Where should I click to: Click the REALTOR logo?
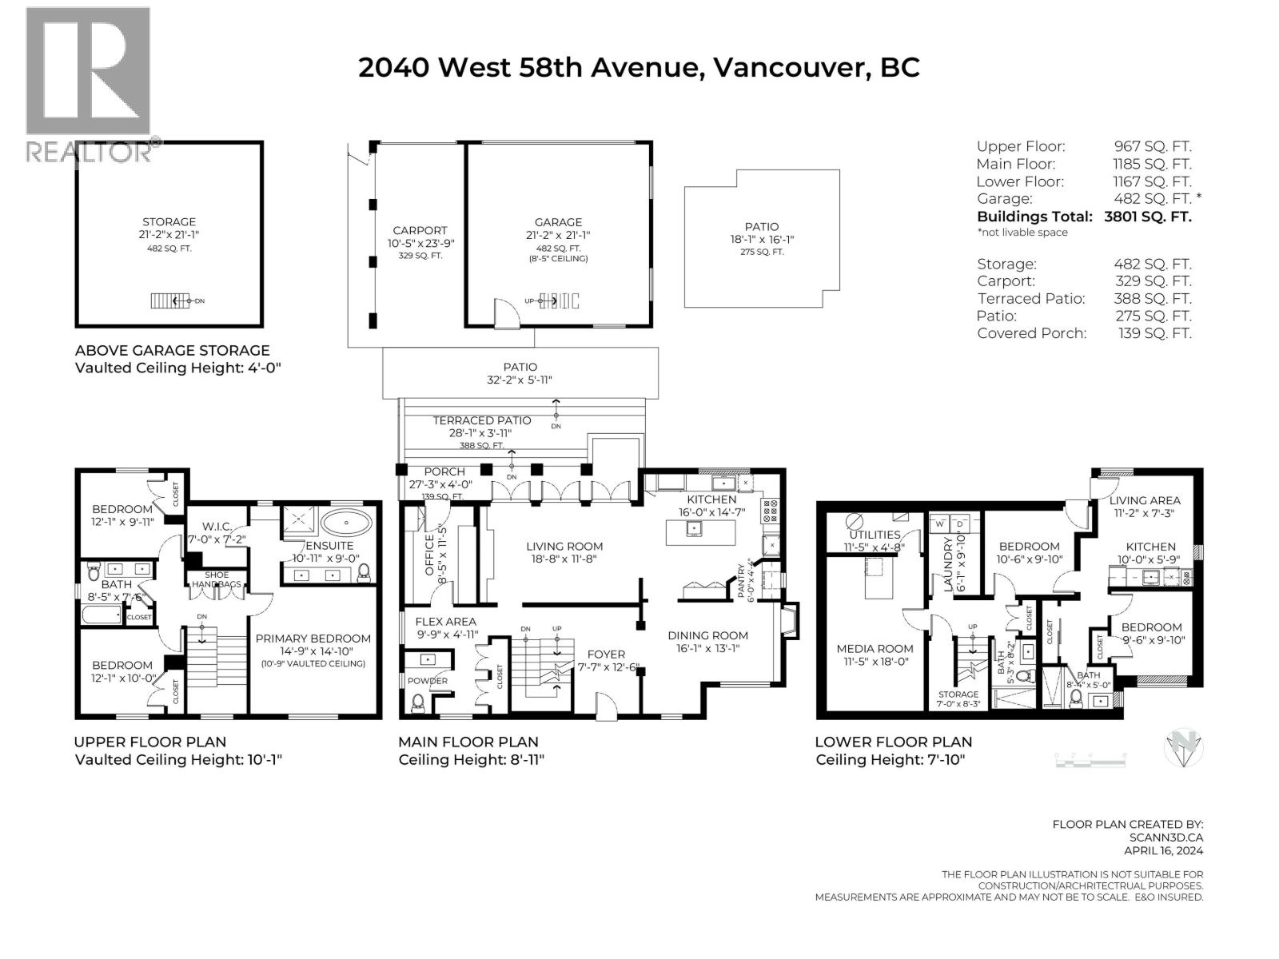click(x=88, y=84)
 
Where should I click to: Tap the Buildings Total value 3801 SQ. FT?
click(x=1148, y=217)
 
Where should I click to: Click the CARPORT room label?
click(x=420, y=230)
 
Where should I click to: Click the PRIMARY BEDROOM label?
click(x=313, y=639)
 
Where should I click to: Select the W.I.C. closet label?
click(x=217, y=526)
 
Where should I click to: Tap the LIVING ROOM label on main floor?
click(x=564, y=547)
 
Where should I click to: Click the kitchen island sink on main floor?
click(x=695, y=527)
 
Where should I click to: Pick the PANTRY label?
click(x=740, y=579)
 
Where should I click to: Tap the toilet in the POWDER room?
click(x=417, y=702)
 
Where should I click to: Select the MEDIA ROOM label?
click(x=875, y=649)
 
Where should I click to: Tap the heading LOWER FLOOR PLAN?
click(x=893, y=742)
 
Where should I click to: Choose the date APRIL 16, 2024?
click(x=1163, y=852)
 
